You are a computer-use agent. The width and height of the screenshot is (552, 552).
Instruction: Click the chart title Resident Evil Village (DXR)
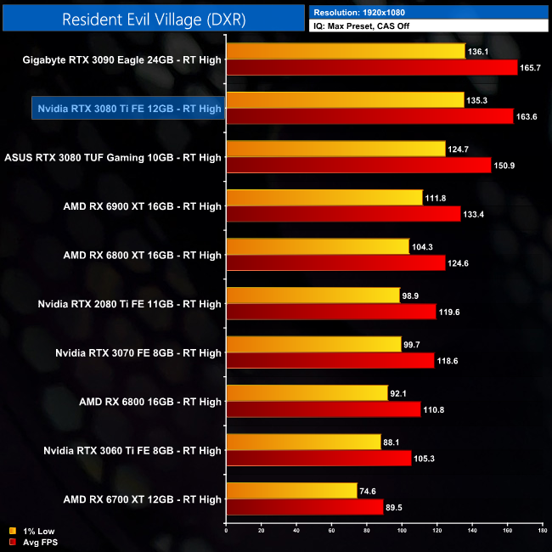click(154, 20)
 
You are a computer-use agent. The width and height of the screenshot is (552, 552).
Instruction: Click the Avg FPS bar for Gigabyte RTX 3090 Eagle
click(371, 68)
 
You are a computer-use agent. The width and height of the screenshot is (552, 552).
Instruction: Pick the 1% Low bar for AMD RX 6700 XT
click(291, 491)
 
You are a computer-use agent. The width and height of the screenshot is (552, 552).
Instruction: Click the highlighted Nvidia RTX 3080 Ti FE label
click(128, 109)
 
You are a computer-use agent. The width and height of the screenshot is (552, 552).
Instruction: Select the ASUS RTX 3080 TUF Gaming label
click(113, 157)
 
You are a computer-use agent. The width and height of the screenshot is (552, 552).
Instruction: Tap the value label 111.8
click(436, 198)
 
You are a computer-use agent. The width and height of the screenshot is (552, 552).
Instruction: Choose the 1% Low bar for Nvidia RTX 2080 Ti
click(313, 296)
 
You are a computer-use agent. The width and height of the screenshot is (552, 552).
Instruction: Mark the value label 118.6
click(448, 361)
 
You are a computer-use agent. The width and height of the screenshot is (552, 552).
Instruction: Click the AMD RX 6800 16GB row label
click(149, 402)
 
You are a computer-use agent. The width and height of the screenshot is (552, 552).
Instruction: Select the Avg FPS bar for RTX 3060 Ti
click(318, 459)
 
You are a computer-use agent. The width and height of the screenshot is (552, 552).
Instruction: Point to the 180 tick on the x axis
click(542, 532)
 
